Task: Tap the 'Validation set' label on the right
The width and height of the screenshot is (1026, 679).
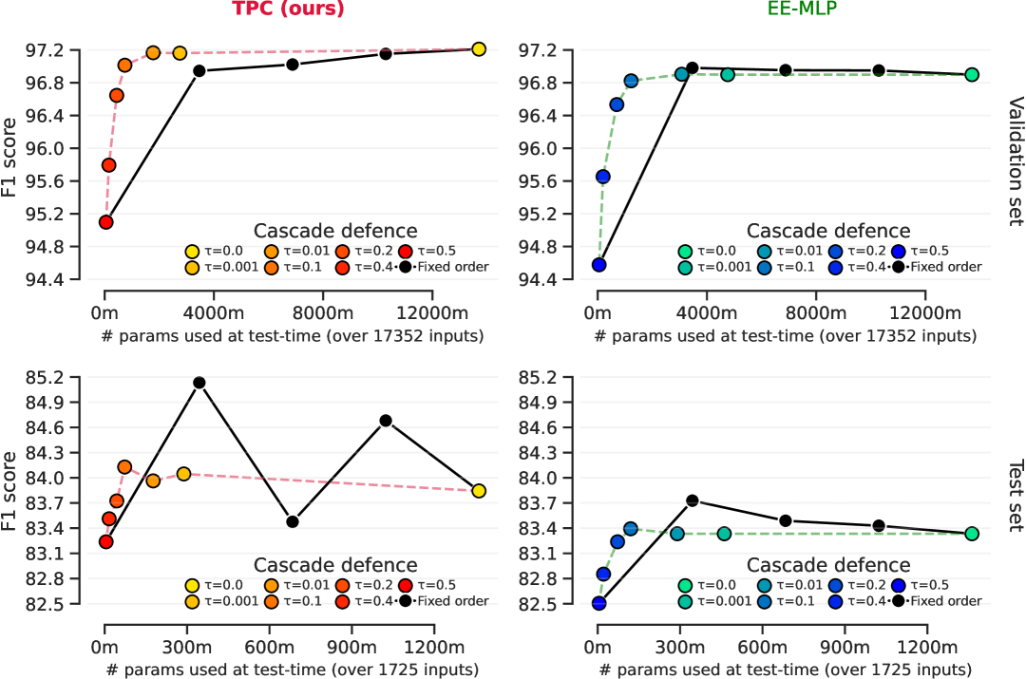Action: pyautogui.click(x=1014, y=160)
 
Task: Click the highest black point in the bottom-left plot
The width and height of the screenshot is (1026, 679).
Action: pyautogui.click(x=199, y=383)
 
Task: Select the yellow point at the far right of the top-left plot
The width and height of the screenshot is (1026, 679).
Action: pyautogui.click(x=479, y=49)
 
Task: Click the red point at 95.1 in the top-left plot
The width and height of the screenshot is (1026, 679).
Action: pyautogui.click(x=105, y=222)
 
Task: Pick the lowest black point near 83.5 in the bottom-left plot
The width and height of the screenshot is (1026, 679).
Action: pyautogui.click(x=293, y=521)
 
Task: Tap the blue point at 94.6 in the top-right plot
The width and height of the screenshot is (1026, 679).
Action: pyautogui.click(x=598, y=265)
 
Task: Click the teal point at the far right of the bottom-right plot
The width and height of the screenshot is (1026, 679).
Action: pyautogui.click(x=972, y=534)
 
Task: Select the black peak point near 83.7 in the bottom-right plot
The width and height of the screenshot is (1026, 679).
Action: pyautogui.click(x=693, y=500)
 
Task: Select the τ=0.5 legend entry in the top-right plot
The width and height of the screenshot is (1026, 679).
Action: pyautogui.click(x=928, y=252)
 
